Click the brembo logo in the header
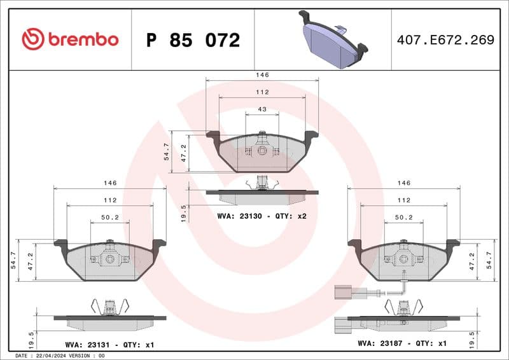pyautogui.click(x=70, y=39)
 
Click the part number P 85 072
pyautogui.click(x=193, y=40)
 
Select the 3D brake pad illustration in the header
pyautogui.click(x=333, y=39)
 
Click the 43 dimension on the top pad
pyautogui.click(x=262, y=109)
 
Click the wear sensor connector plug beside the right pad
pyautogui.click(x=340, y=293)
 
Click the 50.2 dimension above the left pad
pyautogui.click(x=110, y=217)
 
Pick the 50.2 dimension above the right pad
pyautogui.click(x=404, y=217)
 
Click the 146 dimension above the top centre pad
pyautogui.click(x=262, y=74)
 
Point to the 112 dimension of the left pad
pyautogui.click(x=110, y=200)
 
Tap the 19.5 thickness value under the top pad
pyautogui.click(x=185, y=211)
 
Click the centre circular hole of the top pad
pyautogui.click(x=262, y=151)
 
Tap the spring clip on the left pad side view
pyautogui.click(x=110, y=307)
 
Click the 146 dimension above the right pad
pyautogui.click(x=404, y=183)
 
